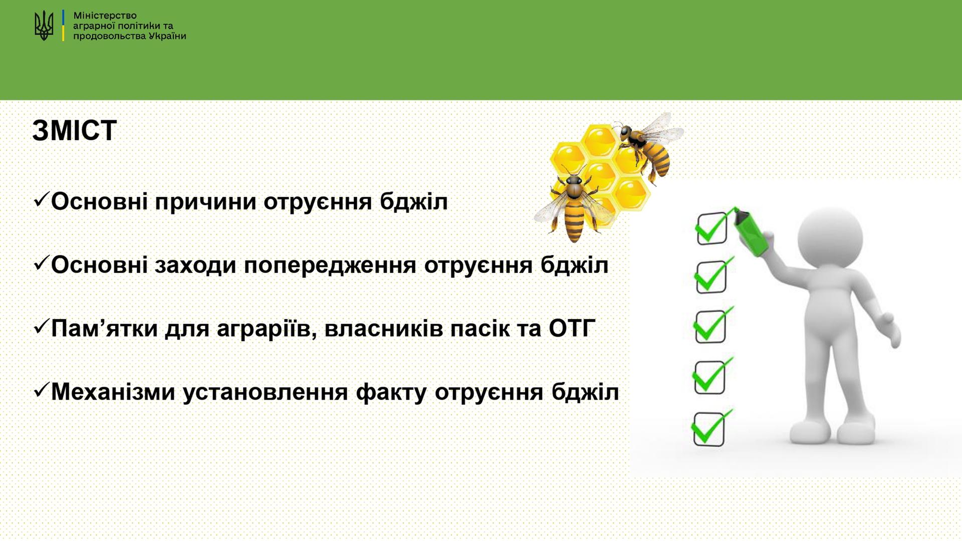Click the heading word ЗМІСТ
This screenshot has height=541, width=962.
pos(75,130)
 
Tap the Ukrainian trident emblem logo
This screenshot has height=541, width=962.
pos(44,26)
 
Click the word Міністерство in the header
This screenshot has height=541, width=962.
pos(105,16)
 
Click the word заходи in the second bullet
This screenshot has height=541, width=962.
pos(195,265)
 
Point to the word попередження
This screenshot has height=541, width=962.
pos(330,266)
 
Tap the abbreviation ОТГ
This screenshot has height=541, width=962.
pos(572,329)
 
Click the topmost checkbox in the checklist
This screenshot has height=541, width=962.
pos(711,228)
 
